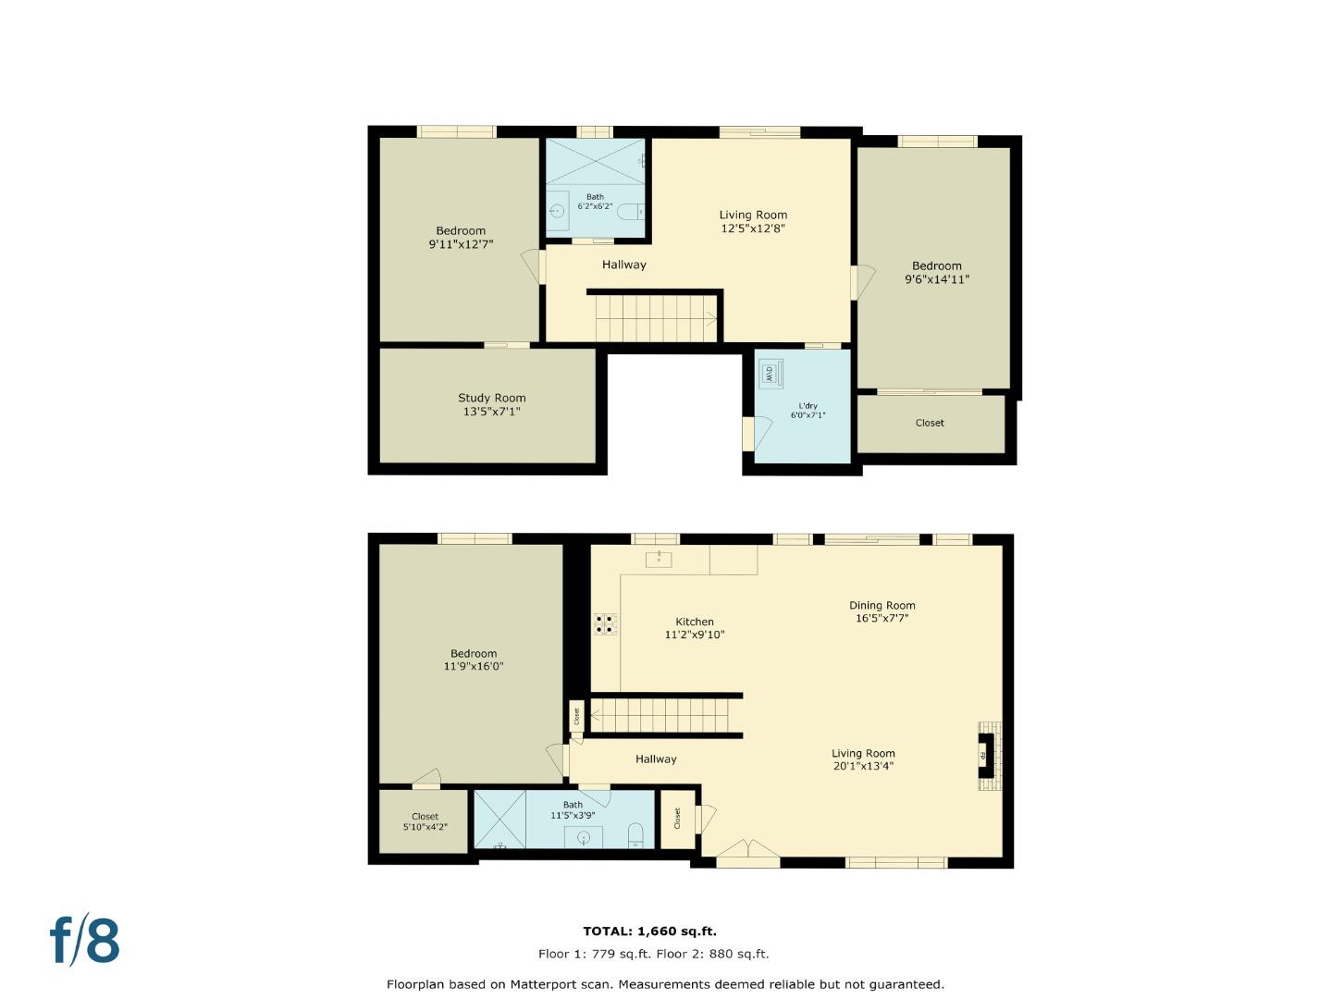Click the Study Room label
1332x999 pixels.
click(x=491, y=398)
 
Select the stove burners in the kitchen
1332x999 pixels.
click(x=606, y=624)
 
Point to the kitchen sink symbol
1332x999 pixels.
click(x=659, y=559)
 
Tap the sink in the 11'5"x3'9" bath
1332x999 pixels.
click(x=584, y=838)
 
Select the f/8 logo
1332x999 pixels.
click(x=85, y=940)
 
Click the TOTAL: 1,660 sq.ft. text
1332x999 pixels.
click(x=649, y=931)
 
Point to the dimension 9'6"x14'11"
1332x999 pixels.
click(x=936, y=279)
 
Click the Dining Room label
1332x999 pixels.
click(x=882, y=606)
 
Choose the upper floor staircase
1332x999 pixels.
click(x=655, y=317)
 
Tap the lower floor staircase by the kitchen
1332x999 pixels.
click(x=664, y=715)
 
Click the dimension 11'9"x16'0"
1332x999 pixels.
click(x=474, y=666)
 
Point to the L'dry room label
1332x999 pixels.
click(x=808, y=405)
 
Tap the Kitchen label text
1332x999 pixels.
click(x=694, y=622)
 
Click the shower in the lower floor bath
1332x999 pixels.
click(x=499, y=820)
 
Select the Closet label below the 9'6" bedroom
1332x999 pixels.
click(x=930, y=423)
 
